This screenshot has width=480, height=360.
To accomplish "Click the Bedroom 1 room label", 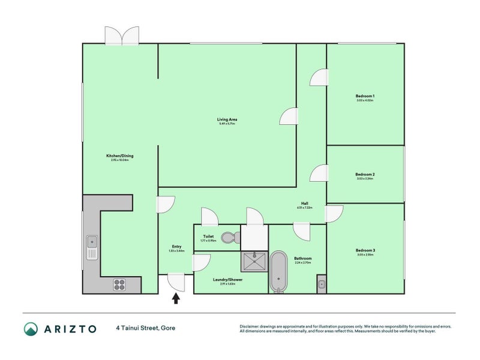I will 365,96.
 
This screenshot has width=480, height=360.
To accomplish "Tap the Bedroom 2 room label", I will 365,175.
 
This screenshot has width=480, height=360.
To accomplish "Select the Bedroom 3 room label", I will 365,250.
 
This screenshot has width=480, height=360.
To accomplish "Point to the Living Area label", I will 227,119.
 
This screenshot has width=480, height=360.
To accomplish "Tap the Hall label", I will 305,203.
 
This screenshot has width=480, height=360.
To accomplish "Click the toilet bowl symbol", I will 229,238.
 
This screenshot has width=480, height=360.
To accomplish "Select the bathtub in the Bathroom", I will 278,271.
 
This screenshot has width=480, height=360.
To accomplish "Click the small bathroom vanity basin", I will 321,284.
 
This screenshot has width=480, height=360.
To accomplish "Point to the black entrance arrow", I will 176,298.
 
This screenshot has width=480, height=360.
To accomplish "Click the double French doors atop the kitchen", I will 122,36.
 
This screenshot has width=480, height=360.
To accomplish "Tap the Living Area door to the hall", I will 289,116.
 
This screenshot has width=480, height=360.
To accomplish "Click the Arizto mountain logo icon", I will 31,328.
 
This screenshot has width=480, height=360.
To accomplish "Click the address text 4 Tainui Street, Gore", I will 146,328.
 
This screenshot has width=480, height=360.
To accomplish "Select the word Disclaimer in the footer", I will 251,326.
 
